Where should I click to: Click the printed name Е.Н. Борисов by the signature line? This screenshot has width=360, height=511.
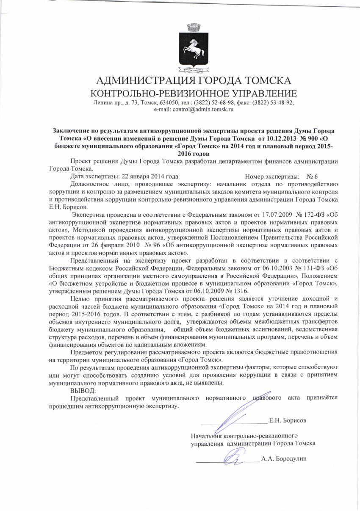coord(288,421)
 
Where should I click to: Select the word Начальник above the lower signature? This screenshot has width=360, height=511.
coord(207,436)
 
